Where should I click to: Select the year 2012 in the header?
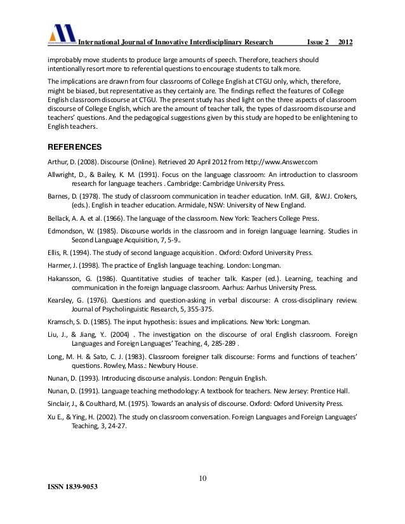(x=346, y=43)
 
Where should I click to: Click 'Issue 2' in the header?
(x=318, y=43)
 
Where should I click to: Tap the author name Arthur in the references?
(x=59, y=161)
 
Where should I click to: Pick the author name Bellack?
(x=61, y=218)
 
